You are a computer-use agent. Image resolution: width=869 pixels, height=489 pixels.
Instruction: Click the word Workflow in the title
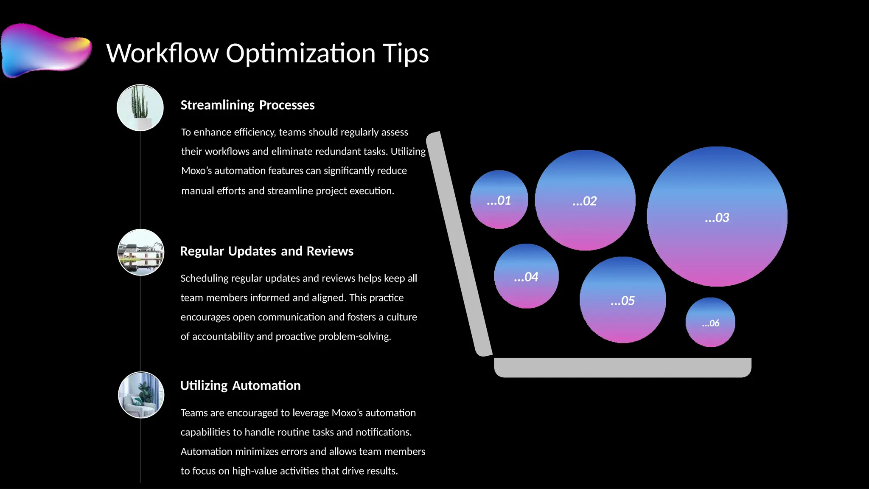(162, 53)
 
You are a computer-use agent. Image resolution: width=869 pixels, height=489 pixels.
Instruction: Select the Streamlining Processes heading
(247, 105)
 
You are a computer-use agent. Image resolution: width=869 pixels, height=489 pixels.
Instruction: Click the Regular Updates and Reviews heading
(266, 251)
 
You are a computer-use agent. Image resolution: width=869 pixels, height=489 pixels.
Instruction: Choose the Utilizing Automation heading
(240, 385)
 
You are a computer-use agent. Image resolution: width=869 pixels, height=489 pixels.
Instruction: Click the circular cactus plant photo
(140, 108)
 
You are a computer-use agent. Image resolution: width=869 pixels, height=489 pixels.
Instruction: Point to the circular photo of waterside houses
(140, 253)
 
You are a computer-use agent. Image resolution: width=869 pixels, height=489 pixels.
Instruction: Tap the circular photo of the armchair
(141, 395)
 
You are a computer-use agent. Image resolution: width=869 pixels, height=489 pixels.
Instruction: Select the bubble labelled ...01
(499, 200)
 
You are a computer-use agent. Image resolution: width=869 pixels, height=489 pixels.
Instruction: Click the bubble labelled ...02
(585, 200)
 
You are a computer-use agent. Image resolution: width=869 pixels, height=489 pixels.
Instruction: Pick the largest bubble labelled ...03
(717, 217)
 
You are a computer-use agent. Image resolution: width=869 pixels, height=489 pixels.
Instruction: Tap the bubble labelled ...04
(526, 276)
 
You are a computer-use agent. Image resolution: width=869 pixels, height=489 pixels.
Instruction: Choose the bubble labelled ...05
(622, 300)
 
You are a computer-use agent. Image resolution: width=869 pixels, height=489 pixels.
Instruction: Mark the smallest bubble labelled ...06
(710, 323)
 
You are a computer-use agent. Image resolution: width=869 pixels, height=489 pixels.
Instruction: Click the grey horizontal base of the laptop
(622, 368)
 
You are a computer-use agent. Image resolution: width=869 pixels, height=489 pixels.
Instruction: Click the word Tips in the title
(406, 53)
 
